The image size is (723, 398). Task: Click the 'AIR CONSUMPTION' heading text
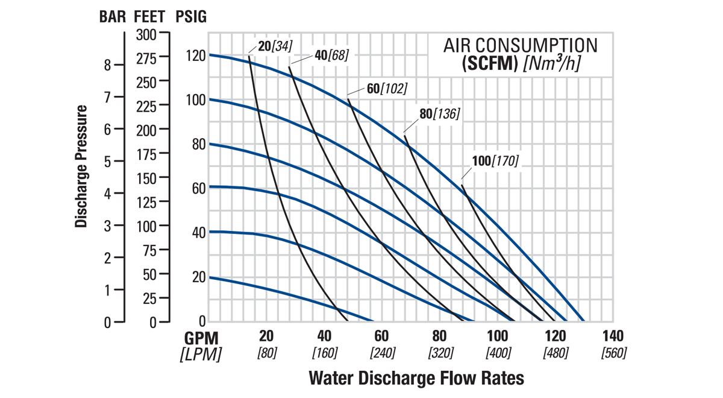coord(521,45)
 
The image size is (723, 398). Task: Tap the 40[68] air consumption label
coord(331,55)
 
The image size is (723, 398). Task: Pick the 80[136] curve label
coord(439,113)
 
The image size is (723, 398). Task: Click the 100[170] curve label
coord(495,161)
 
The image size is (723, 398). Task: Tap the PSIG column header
coord(190,16)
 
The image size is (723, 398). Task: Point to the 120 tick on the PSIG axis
coord(196,55)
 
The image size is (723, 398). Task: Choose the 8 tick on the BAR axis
coord(107,65)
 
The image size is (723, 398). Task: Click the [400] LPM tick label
coord(498,353)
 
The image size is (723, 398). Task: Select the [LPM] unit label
coord(201,353)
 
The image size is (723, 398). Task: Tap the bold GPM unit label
coord(201,337)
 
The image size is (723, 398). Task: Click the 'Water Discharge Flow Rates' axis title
coord(416,379)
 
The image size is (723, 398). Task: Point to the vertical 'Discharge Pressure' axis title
coord(82,166)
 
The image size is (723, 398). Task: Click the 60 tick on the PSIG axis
coord(198,188)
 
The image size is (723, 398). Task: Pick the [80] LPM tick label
coord(267,353)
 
